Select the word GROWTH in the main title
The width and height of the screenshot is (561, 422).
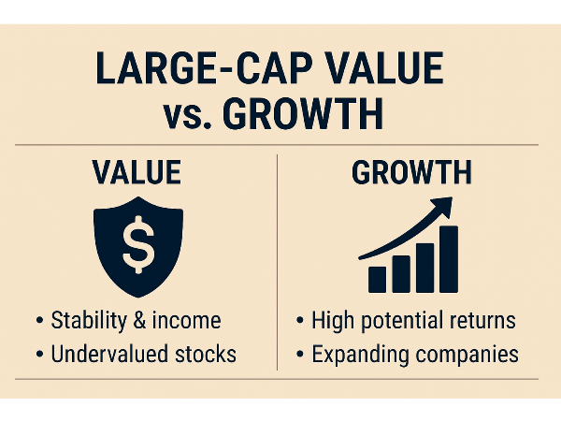pyautogui.click(x=303, y=114)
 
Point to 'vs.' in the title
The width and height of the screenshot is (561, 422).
pyautogui.click(x=187, y=116)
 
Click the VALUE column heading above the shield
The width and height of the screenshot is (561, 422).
pyautogui.click(x=137, y=172)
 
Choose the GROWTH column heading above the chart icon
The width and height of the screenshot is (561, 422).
pyautogui.click(x=411, y=172)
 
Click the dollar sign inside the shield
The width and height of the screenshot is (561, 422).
pyautogui.click(x=138, y=244)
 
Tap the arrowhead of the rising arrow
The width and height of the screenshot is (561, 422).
pyautogui.click(x=442, y=207)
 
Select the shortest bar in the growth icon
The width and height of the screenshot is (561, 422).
pyautogui.click(x=378, y=280)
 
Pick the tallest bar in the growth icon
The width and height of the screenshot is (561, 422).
pyautogui.click(x=449, y=259)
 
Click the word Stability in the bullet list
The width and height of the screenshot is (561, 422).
pyautogui.click(x=89, y=321)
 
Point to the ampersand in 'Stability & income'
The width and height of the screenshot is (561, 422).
pyautogui.click(x=139, y=320)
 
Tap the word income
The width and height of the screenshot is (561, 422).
pyautogui.click(x=186, y=320)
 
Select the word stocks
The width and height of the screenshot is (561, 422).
pyautogui.click(x=206, y=354)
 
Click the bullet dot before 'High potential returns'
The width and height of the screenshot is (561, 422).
pyautogui.click(x=300, y=320)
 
